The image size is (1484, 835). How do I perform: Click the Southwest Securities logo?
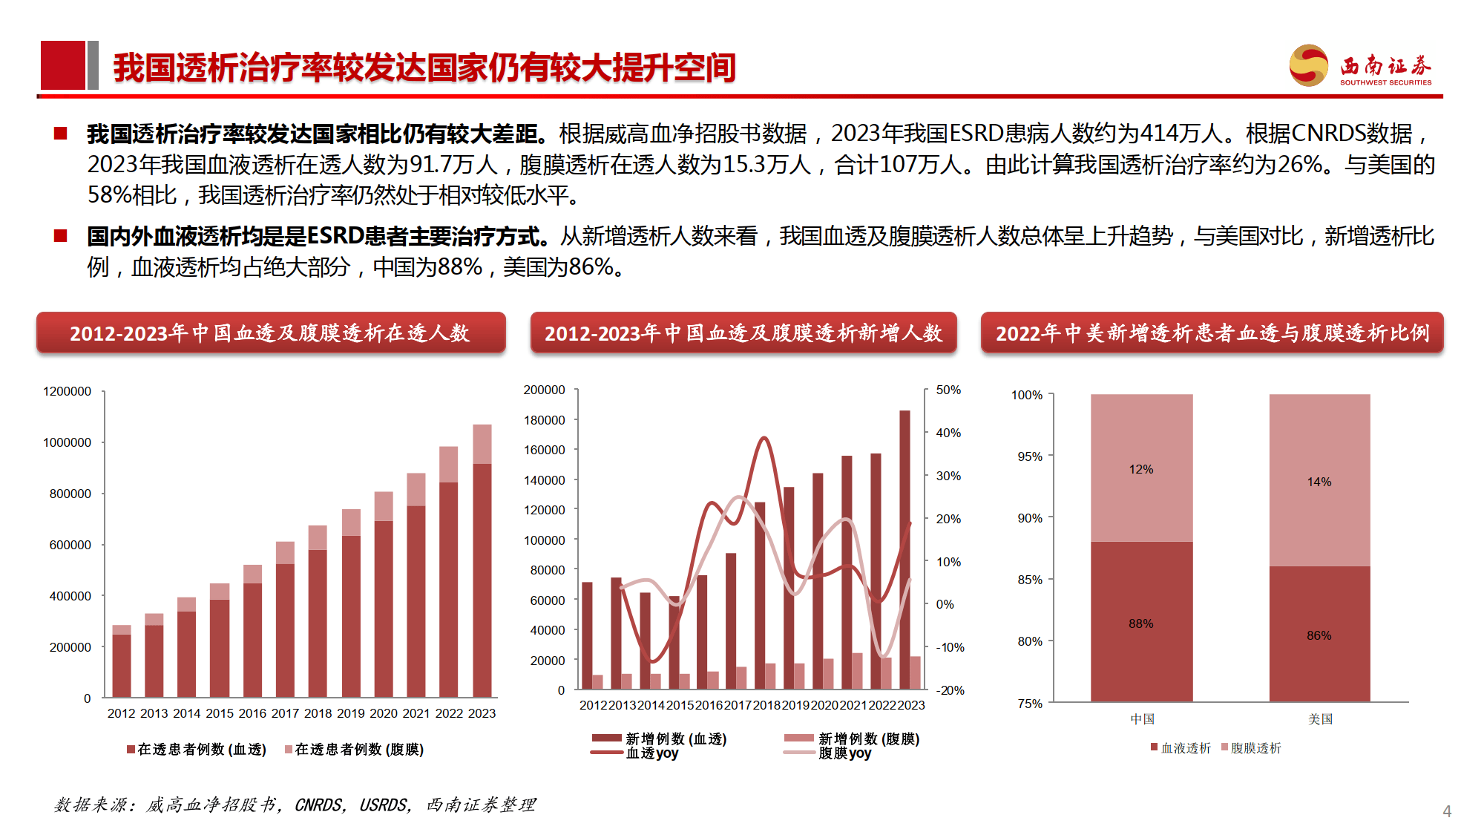[x=1359, y=66]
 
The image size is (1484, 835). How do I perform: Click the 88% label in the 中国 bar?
[x=1140, y=623]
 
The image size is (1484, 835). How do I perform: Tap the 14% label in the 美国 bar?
[x=1319, y=482]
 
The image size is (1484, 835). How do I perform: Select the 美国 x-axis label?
[x=1320, y=718]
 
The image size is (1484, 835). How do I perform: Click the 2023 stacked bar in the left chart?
[x=482, y=564]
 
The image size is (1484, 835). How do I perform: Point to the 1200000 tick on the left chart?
[x=67, y=391]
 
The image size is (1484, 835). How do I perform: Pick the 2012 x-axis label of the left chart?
[x=121, y=713]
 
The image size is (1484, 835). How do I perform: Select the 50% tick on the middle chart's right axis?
[x=948, y=390]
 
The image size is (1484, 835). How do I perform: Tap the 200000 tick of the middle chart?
[x=544, y=390]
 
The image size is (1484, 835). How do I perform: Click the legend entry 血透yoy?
[x=651, y=753]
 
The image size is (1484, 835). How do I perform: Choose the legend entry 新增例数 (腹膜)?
[x=868, y=739]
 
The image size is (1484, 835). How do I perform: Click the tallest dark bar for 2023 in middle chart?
[x=904, y=549]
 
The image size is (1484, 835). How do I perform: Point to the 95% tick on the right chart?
[x=1029, y=456]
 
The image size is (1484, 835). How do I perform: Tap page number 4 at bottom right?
[x=1446, y=811]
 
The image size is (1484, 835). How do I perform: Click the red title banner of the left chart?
[x=271, y=333]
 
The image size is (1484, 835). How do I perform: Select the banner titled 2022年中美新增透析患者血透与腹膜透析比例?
[x=1212, y=333]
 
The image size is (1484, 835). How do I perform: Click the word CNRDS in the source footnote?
[x=318, y=805]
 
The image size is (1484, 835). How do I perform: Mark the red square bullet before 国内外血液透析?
[x=61, y=236]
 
